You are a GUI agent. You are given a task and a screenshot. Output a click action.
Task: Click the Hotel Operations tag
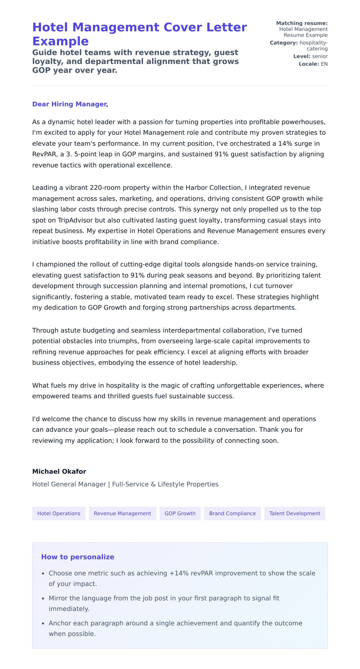click(x=59, y=513)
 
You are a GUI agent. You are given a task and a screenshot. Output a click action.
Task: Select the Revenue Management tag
click(x=122, y=513)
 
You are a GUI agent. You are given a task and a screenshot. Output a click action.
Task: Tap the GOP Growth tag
click(x=180, y=513)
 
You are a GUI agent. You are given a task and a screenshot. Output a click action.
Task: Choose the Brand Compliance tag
click(x=232, y=513)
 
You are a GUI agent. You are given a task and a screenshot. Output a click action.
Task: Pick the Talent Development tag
click(x=295, y=513)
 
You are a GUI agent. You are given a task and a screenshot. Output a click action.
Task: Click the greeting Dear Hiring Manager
click(x=70, y=104)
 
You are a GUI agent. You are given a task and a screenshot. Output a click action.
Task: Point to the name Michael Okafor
click(x=59, y=471)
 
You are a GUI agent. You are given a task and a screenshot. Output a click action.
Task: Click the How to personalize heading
click(x=78, y=557)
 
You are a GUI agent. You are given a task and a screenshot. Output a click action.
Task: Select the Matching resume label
click(x=302, y=23)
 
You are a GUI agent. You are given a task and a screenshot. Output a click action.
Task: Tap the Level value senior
click(x=320, y=56)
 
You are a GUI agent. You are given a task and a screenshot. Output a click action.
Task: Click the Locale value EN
click(x=324, y=64)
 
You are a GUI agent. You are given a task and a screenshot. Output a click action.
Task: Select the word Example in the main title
click(x=61, y=41)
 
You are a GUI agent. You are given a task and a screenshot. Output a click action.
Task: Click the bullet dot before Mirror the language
click(x=43, y=598)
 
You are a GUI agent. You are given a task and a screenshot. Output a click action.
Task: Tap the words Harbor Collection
click(x=214, y=188)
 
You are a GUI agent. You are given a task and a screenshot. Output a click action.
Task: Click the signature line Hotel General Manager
click(x=69, y=484)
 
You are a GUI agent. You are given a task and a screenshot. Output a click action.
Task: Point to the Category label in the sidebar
click(x=283, y=43)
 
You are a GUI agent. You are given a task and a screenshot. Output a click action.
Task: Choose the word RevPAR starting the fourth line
click(x=44, y=154)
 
